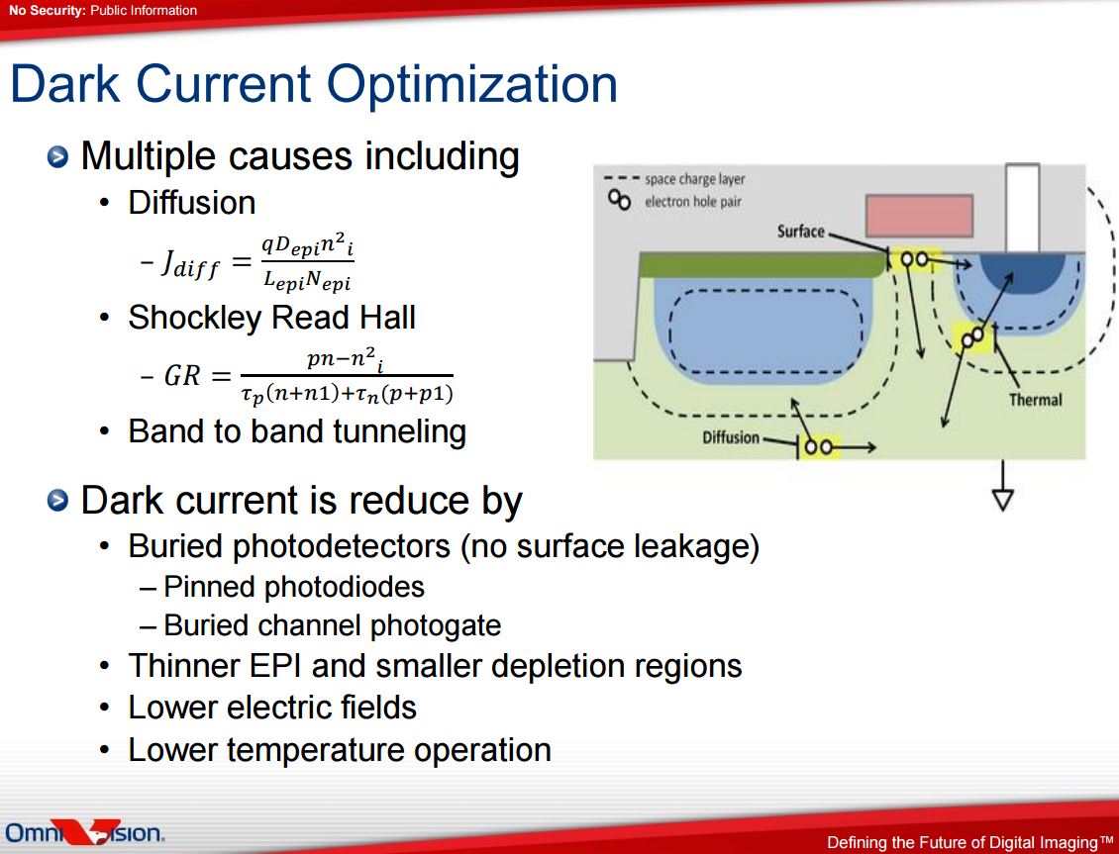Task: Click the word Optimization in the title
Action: (x=471, y=85)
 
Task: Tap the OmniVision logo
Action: (x=85, y=831)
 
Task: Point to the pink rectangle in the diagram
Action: (x=919, y=216)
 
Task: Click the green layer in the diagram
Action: (x=763, y=264)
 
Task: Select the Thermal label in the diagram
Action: (x=1035, y=400)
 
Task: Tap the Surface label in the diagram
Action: (x=801, y=231)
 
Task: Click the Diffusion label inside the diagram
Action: (x=731, y=437)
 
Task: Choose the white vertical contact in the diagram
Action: (x=1022, y=208)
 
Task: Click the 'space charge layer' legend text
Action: (x=694, y=179)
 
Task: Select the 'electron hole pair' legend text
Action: (x=693, y=202)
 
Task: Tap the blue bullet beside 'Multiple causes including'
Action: (x=57, y=156)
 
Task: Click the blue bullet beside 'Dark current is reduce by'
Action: (x=57, y=501)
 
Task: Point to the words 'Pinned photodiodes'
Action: (x=294, y=587)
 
